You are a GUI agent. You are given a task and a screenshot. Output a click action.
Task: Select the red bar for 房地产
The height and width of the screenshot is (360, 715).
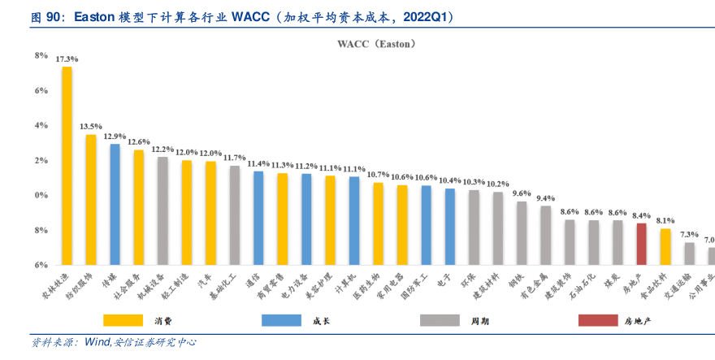coord(641,244)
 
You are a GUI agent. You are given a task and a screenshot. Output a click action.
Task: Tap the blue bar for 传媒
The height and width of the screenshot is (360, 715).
coord(115,204)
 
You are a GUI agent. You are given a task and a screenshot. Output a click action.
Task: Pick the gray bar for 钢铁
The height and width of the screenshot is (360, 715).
coord(522,233)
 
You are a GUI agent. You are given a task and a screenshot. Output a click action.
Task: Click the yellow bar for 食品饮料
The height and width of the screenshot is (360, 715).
coord(665,246)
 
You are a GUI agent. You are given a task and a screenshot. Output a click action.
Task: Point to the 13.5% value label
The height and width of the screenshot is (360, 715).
coord(90,127)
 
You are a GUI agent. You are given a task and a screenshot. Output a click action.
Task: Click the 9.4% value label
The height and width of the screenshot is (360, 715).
coord(545,198)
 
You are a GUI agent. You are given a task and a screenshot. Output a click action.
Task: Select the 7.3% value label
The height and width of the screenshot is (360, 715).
coord(689,234)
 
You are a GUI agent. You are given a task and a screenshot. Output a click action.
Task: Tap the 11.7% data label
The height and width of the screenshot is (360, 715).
coord(234,158)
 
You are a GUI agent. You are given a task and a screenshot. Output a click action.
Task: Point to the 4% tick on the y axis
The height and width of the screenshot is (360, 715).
coord(41,125)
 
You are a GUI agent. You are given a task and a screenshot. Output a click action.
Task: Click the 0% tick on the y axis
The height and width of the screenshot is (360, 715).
coord(41,195)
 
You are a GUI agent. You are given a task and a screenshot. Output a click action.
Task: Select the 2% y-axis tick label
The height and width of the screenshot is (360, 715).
coord(41,160)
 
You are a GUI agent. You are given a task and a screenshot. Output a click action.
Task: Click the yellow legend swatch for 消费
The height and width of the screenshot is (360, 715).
coord(131,320)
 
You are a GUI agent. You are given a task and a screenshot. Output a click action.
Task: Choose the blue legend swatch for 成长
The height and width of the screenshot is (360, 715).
coord(288,320)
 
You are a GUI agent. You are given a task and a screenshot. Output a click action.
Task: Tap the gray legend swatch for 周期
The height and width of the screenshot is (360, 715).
coord(447,320)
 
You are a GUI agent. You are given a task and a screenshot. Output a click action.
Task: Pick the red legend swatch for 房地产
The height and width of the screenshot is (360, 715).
coord(605,320)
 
